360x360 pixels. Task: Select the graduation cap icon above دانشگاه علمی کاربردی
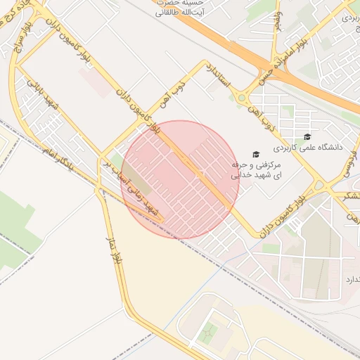coord(306,136)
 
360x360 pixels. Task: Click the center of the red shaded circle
coord(180,179)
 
